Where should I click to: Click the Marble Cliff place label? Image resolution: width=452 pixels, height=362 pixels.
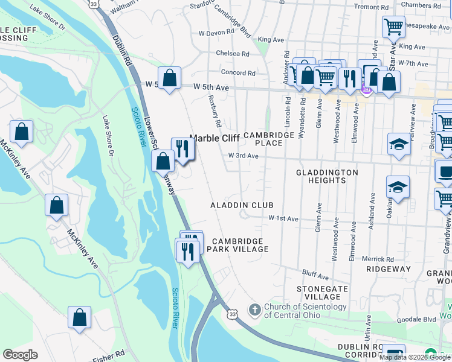(215, 138)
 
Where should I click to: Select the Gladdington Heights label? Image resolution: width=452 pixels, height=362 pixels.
(327, 177)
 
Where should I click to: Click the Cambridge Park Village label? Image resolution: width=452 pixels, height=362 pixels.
(237, 244)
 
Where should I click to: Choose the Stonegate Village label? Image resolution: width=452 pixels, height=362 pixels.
(323, 293)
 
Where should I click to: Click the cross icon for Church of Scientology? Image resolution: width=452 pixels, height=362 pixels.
(255, 310)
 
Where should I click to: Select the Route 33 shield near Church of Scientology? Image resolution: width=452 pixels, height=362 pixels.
(233, 313)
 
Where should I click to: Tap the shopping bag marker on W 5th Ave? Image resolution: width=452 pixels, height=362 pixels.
(170, 78)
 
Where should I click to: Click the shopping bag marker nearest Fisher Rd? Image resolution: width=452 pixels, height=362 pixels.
(80, 317)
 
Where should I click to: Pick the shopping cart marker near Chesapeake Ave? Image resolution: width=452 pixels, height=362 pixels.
(393, 27)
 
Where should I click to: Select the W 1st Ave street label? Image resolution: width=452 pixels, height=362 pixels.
(284, 218)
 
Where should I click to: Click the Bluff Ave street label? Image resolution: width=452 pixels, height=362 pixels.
(315, 277)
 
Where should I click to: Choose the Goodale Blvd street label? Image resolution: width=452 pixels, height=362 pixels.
(421, 319)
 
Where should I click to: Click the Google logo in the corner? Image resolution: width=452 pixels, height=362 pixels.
(20, 355)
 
